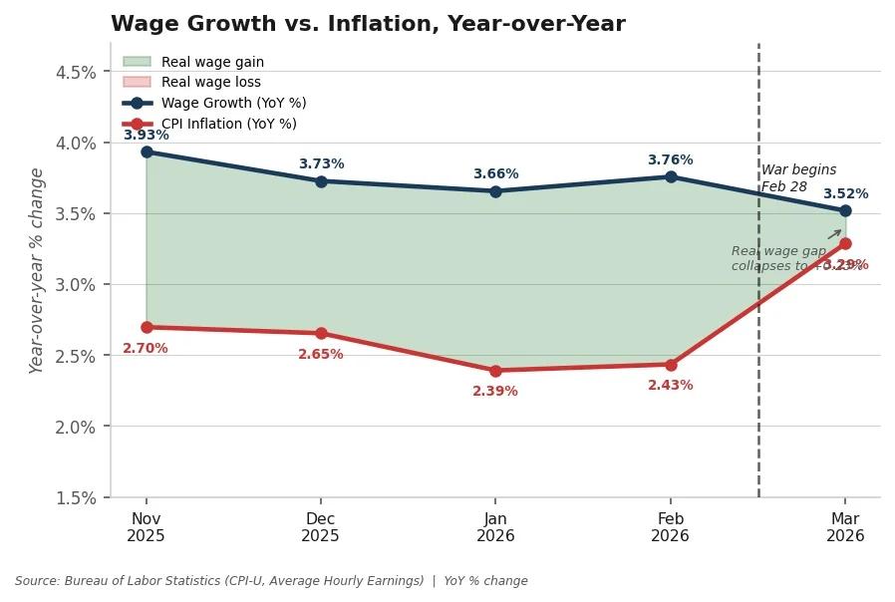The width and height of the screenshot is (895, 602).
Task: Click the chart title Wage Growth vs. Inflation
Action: tap(368, 24)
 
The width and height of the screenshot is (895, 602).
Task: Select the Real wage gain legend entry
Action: tap(212, 62)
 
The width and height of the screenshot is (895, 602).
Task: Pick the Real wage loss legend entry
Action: tap(210, 83)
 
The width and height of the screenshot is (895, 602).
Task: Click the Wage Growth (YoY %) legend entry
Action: tap(233, 103)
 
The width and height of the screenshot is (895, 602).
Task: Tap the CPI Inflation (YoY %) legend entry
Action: tap(228, 124)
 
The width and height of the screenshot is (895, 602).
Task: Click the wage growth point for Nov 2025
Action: tap(147, 151)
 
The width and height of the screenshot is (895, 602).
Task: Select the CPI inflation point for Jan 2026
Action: tap(495, 371)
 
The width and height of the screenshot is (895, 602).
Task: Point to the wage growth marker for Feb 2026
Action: tap(671, 176)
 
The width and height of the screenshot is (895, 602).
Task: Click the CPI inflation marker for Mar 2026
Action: tap(845, 243)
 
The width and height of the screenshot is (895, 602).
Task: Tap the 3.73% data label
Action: tap(321, 163)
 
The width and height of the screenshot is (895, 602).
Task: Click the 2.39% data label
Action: tap(495, 392)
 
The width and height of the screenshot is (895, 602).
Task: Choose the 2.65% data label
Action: tap(321, 355)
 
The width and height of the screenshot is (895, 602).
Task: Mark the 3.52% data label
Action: tap(845, 193)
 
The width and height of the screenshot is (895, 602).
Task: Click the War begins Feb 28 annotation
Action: tap(798, 178)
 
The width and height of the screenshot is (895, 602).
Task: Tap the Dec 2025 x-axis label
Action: tap(321, 527)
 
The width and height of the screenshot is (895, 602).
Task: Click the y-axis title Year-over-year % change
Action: tap(37, 270)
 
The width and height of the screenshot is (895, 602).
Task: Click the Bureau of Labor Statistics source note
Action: tap(271, 581)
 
